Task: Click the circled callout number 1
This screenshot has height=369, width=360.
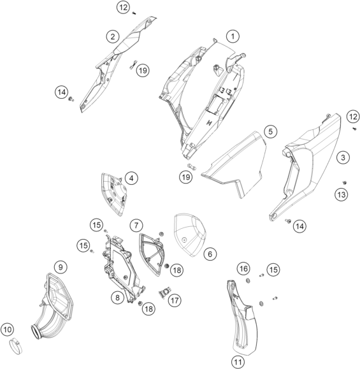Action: (x=233, y=36)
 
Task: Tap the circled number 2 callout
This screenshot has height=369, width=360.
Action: (x=113, y=37)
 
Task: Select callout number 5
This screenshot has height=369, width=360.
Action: (x=271, y=131)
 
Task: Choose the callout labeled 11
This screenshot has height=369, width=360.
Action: (x=238, y=362)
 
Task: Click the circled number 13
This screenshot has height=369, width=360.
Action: (x=342, y=194)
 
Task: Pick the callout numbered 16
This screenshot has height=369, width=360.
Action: (x=243, y=268)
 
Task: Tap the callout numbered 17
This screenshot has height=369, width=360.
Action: (x=175, y=301)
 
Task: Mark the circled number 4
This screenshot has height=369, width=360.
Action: (x=131, y=178)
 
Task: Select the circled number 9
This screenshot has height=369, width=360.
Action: (x=61, y=267)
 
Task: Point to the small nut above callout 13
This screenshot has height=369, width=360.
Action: (x=345, y=183)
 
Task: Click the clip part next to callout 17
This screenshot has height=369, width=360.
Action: (x=164, y=293)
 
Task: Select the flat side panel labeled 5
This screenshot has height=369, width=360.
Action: (x=235, y=164)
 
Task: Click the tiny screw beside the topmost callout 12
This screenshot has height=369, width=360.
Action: (x=134, y=13)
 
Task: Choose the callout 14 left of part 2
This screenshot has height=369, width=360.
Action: (x=62, y=92)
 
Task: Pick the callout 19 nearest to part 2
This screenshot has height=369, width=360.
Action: (x=143, y=70)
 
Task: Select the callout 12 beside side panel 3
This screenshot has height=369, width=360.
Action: (x=353, y=117)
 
